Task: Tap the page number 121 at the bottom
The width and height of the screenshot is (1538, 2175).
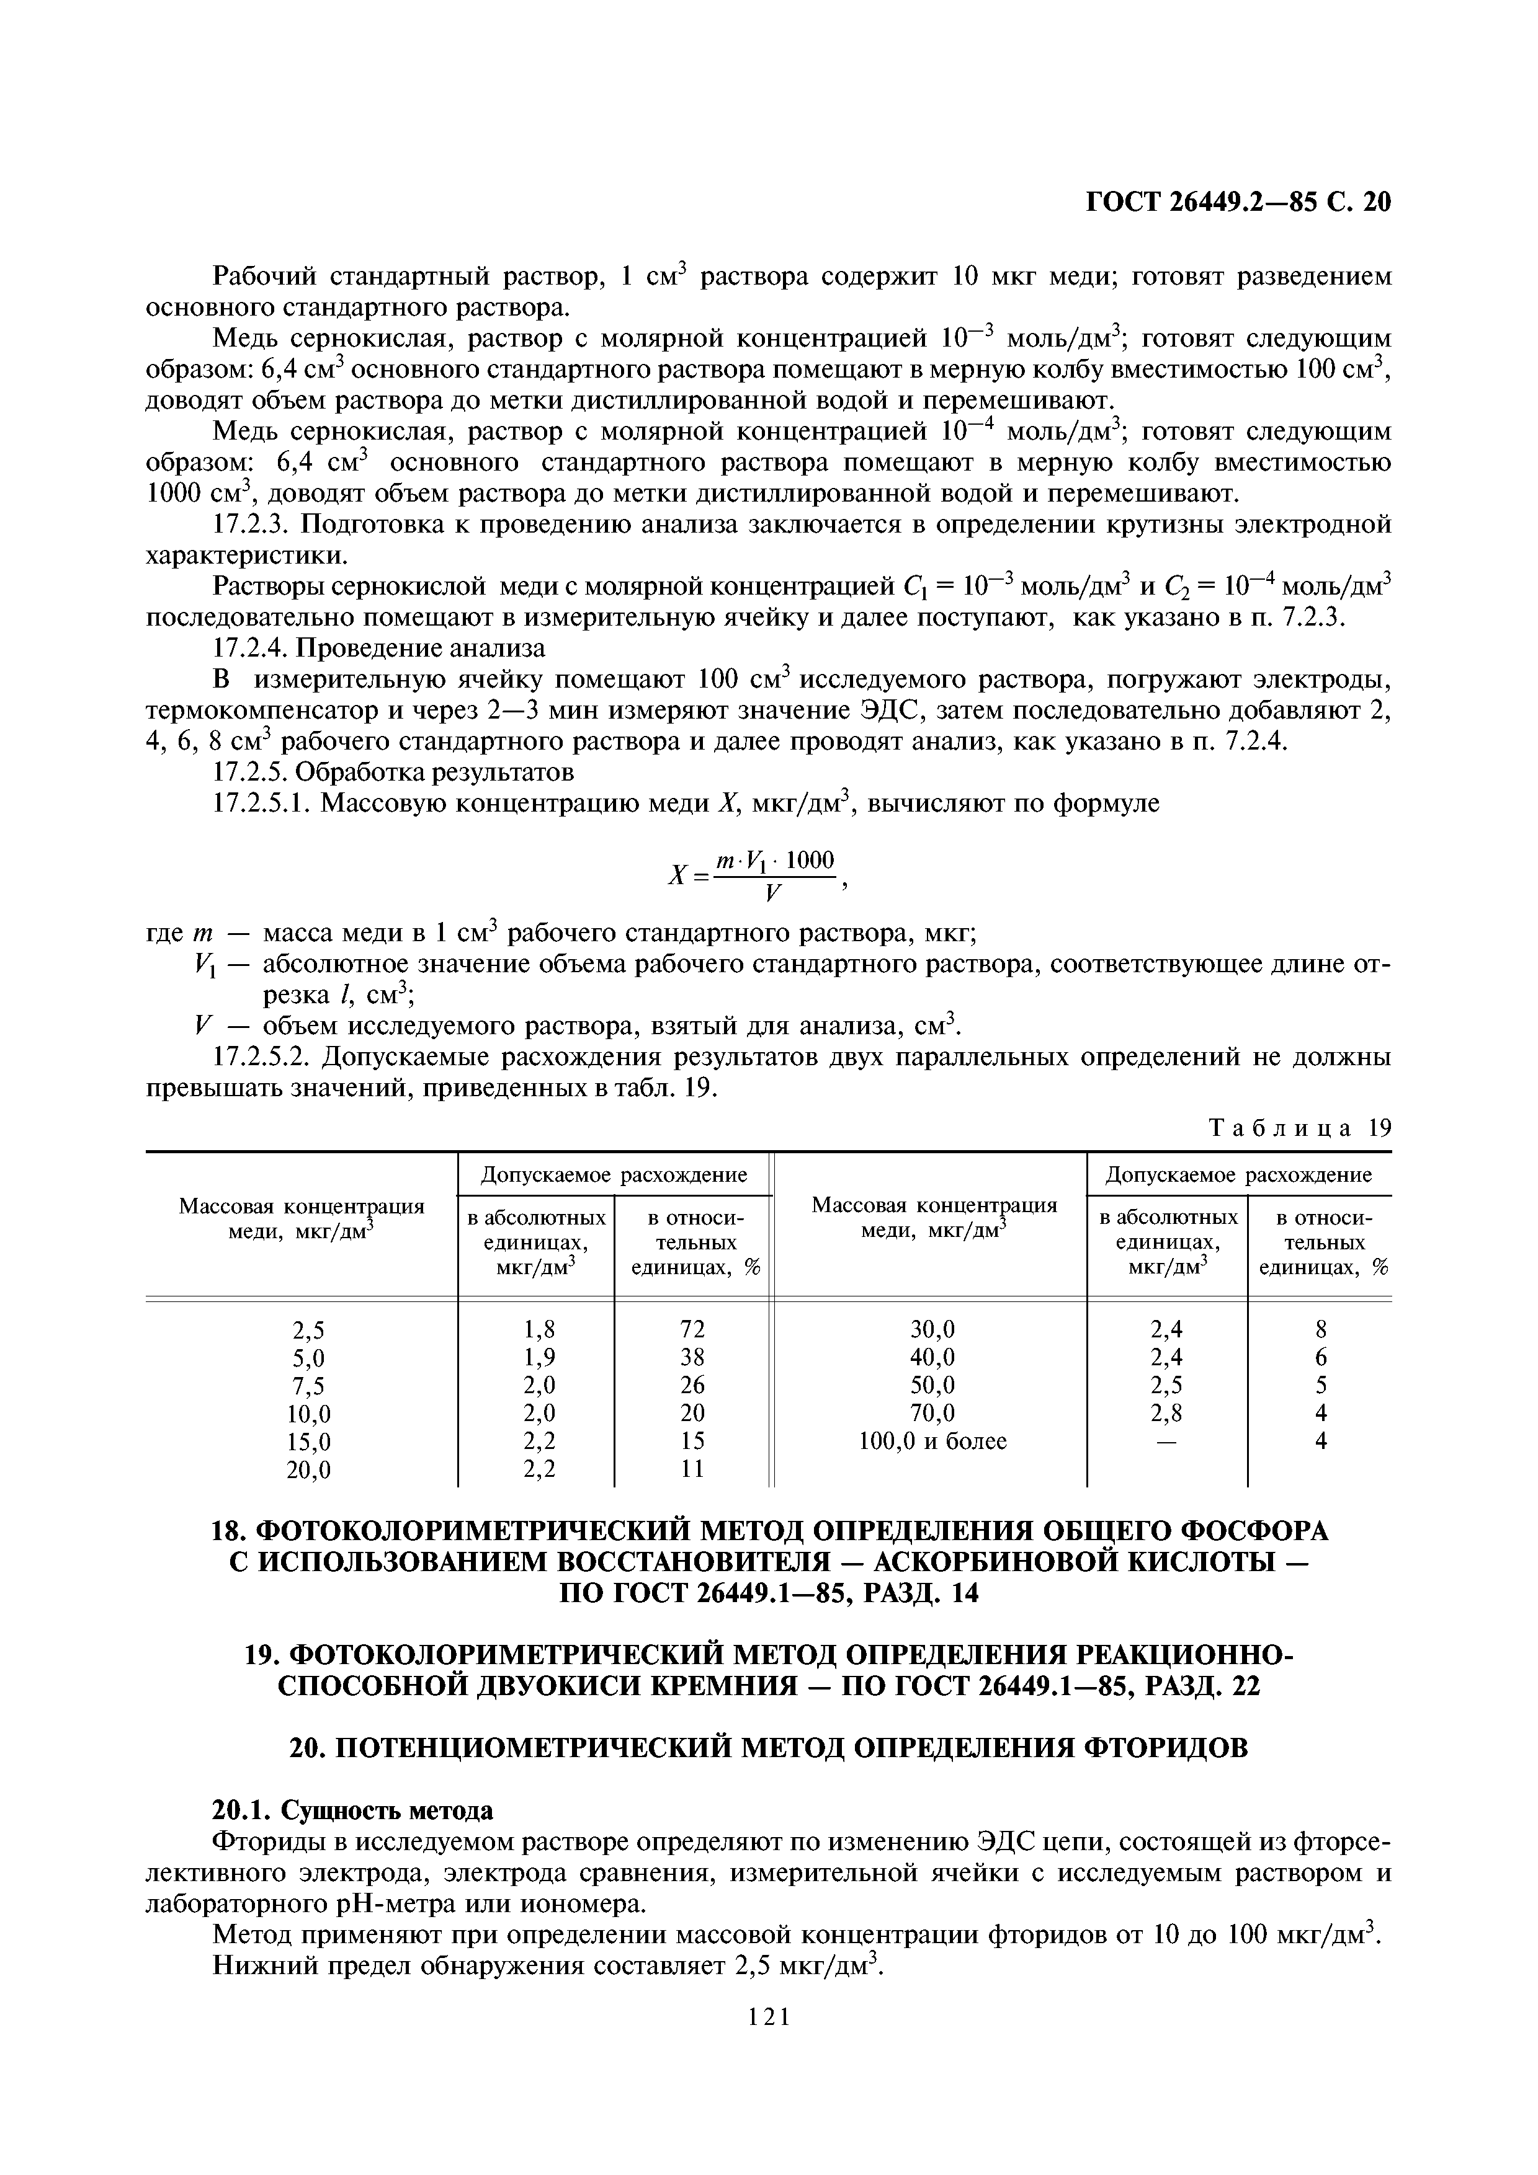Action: (x=769, y=2042)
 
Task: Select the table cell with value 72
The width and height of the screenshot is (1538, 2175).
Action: (x=693, y=1329)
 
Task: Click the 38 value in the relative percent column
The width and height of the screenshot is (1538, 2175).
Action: (x=693, y=1357)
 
